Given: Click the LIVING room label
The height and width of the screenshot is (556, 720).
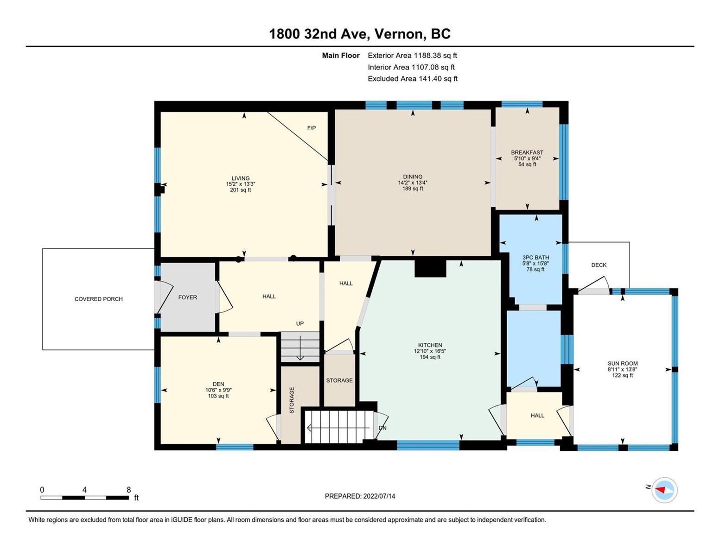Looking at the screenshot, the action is [240, 178].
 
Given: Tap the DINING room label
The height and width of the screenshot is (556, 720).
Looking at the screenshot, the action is [413, 177].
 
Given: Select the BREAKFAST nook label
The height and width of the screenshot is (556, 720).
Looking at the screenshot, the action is [527, 152].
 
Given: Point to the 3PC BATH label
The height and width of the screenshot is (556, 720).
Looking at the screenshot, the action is [535, 257].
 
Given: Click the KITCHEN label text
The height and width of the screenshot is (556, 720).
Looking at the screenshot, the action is [430, 345].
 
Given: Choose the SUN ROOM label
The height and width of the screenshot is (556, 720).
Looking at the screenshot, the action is [622, 363].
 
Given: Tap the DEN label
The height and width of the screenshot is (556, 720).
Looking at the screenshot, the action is [218, 384].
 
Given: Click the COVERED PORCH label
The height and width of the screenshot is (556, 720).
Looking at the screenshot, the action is [98, 299].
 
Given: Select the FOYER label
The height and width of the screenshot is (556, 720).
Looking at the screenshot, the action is [188, 297].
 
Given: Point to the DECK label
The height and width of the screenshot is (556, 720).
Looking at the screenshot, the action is [599, 265].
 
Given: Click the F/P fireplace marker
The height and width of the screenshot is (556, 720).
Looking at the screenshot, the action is [311, 128].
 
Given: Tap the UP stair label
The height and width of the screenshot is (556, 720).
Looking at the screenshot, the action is [299, 323].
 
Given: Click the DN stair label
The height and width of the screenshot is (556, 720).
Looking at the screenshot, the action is [382, 428].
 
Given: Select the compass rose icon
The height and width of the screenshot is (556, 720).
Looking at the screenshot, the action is [664, 490].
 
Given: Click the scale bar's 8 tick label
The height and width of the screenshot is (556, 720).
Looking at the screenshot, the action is [128, 489].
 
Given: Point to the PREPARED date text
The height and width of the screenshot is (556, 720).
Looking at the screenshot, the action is [360, 496].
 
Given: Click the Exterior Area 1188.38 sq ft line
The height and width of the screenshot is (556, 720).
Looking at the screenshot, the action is [412, 56].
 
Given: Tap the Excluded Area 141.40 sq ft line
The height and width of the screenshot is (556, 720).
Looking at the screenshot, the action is [413, 79].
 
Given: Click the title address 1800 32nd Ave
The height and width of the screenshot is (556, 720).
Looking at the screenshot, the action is [319, 34].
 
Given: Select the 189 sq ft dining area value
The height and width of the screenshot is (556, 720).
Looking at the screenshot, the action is [413, 189].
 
